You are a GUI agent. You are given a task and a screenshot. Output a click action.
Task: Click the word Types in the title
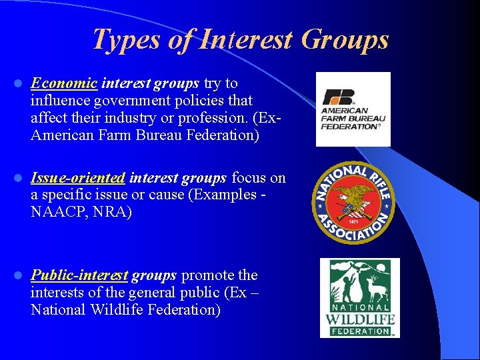(127, 39)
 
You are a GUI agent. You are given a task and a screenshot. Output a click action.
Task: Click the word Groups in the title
(345, 39)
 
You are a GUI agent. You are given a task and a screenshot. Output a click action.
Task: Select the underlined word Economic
(64, 83)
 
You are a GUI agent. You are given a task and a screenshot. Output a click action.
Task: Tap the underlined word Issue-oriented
(78, 178)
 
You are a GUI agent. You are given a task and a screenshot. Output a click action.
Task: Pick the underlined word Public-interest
(79, 275)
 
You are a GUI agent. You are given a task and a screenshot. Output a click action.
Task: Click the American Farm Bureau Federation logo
(353, 109)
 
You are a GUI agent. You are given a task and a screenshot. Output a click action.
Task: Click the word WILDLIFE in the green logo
(360, 320)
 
